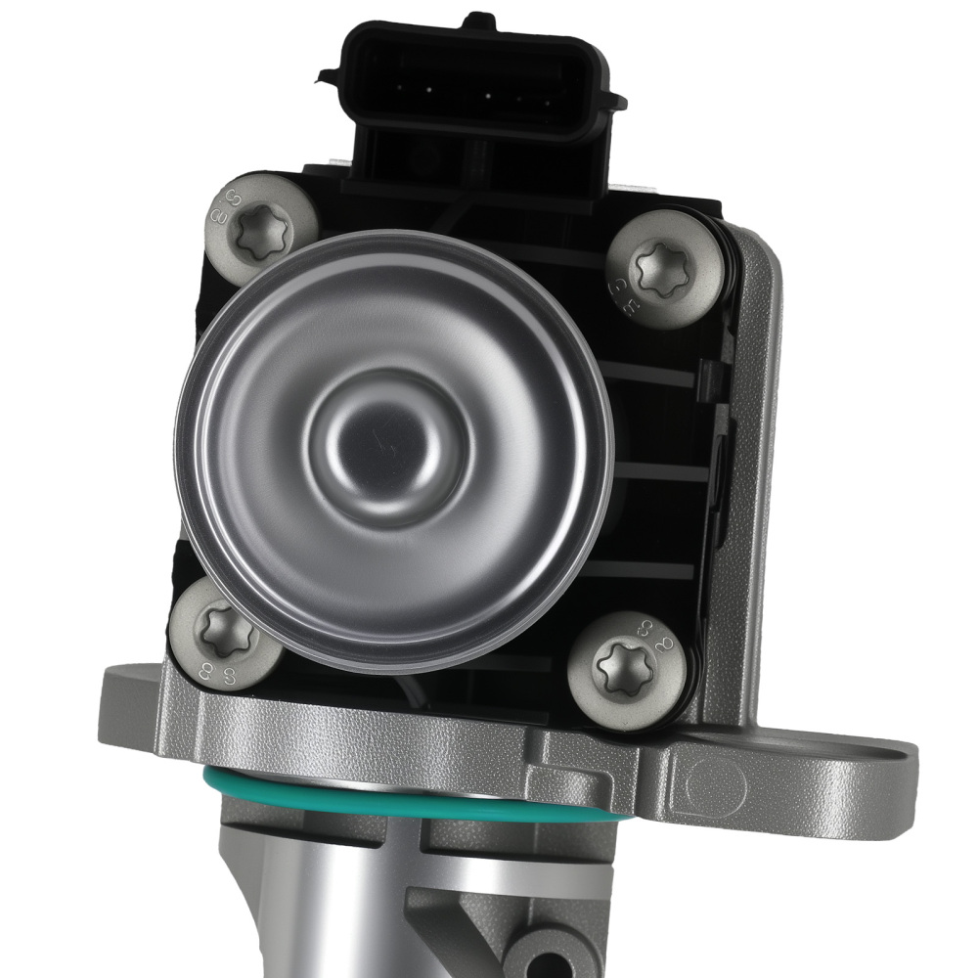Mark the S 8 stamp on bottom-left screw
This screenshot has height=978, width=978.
tap(196, 670)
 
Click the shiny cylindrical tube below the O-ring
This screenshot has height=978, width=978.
tap(323, 900)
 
